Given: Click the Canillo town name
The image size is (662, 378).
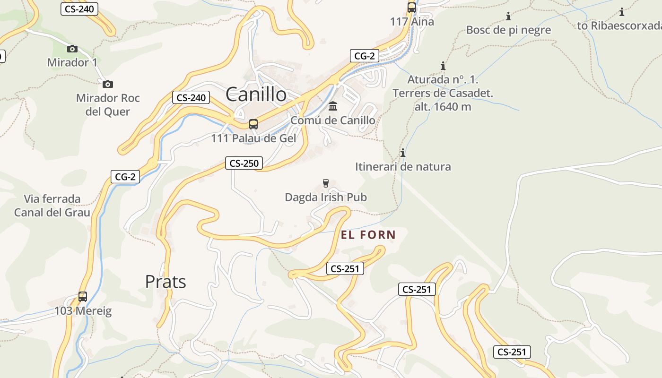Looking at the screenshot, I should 256,94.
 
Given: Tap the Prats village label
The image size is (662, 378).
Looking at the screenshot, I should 165,282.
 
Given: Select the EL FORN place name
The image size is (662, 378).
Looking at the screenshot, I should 368,235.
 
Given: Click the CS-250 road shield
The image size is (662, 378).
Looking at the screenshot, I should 244,163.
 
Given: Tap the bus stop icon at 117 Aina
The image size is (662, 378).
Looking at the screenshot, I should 412,8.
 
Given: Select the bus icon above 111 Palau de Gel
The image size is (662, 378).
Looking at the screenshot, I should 253,124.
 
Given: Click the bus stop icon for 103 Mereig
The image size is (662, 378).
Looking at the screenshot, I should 83,297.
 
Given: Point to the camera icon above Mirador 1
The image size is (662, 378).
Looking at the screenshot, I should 72,49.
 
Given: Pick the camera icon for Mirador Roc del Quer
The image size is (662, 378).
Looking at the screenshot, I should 108,84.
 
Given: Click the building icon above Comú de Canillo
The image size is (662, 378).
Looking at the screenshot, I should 333,106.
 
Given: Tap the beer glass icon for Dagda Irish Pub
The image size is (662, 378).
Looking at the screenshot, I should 325,183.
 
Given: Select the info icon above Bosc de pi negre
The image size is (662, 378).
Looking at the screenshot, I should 508,17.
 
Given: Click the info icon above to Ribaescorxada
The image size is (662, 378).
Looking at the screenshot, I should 621,12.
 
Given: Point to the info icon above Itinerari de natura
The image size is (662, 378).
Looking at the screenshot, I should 403,153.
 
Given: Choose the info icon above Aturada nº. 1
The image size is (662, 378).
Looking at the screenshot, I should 443,66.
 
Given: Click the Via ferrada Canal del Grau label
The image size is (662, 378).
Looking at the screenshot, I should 52,206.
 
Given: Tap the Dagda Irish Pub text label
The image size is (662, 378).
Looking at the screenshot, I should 326,197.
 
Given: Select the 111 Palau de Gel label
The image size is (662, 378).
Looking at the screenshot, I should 253,138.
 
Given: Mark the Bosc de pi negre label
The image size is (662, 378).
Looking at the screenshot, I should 508,30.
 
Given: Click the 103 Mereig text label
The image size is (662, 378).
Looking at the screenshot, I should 83,311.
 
